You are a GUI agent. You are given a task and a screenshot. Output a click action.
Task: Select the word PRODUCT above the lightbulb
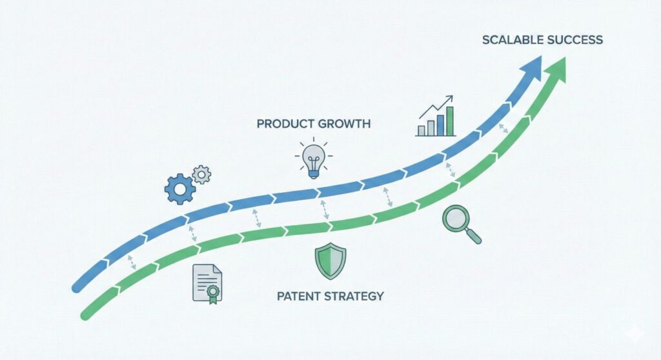(285, 124)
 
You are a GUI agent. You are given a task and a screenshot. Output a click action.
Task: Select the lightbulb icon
(314, 157)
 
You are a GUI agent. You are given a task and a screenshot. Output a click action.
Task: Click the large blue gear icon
(180, 189)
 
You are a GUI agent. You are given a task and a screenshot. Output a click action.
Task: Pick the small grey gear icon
(202, 174)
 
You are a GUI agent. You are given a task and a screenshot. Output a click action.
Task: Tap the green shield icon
(330, 261)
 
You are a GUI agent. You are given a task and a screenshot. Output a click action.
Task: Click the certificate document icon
(207, 283)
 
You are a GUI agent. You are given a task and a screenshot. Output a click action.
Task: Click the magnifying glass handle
(474, 237)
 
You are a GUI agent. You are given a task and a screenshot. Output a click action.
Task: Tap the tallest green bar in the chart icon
(449, 121)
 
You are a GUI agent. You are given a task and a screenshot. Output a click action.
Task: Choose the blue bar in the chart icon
(440, 125)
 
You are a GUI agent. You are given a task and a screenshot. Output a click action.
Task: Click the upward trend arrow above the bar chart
(436, 107)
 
